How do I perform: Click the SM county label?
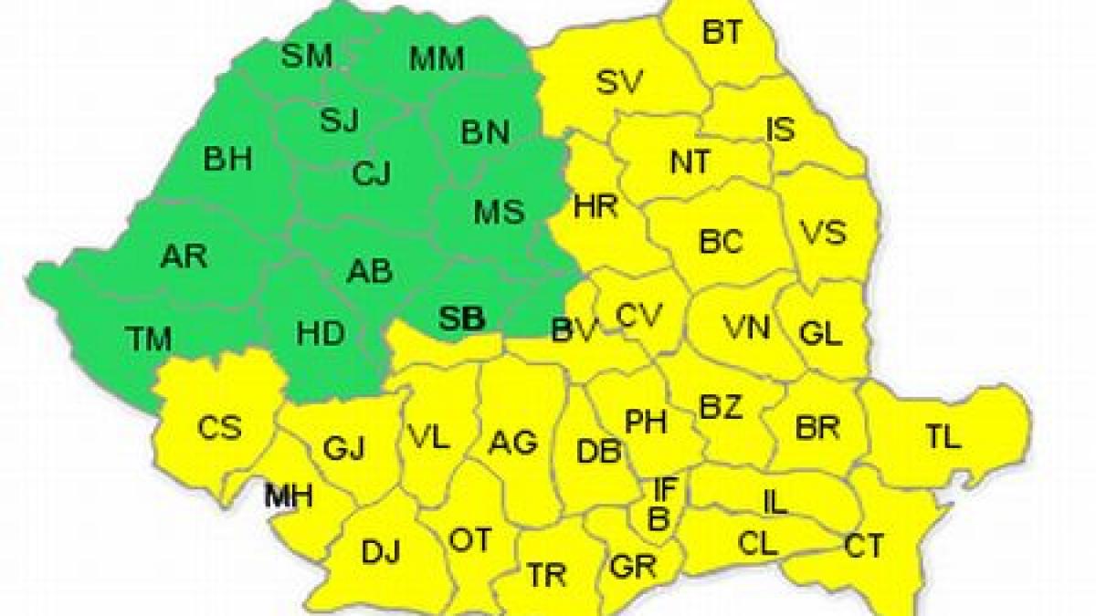pyautogui.click(x=306, y=57)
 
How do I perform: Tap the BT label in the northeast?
pyautogui.click(x=722, y=33)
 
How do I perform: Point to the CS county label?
pyautogui.click(x=219, y=426)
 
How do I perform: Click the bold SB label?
pyautogui.click(x=462, y=318)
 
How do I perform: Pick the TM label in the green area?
pyautogui.click(x=149, y=339)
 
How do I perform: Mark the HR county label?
pyautogui.click(x=595, y=206)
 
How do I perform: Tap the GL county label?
pyautogui.click(x=819, y=333)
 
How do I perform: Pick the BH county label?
pyautogui.click(x=227, y=159)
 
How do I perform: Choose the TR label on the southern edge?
pyautogui.click(x=546, y=576)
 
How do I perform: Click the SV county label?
pyautogui.click(x=620, y=82)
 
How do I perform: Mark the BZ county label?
pyautogui.click(x=721, y=407)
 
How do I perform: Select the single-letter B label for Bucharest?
pyautogui.click(x=659, y=517)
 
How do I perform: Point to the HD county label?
pyautogui.click(x=321, y=333)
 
